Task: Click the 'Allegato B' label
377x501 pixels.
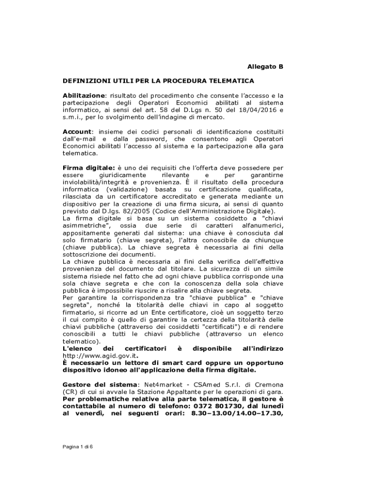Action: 265,67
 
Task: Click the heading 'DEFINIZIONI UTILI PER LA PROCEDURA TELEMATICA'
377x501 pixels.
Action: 158,80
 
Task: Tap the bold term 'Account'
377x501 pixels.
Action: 77,132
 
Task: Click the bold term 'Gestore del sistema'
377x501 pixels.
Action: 101,385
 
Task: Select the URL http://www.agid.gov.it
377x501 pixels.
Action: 97,356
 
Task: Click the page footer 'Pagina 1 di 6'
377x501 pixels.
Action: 77,447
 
